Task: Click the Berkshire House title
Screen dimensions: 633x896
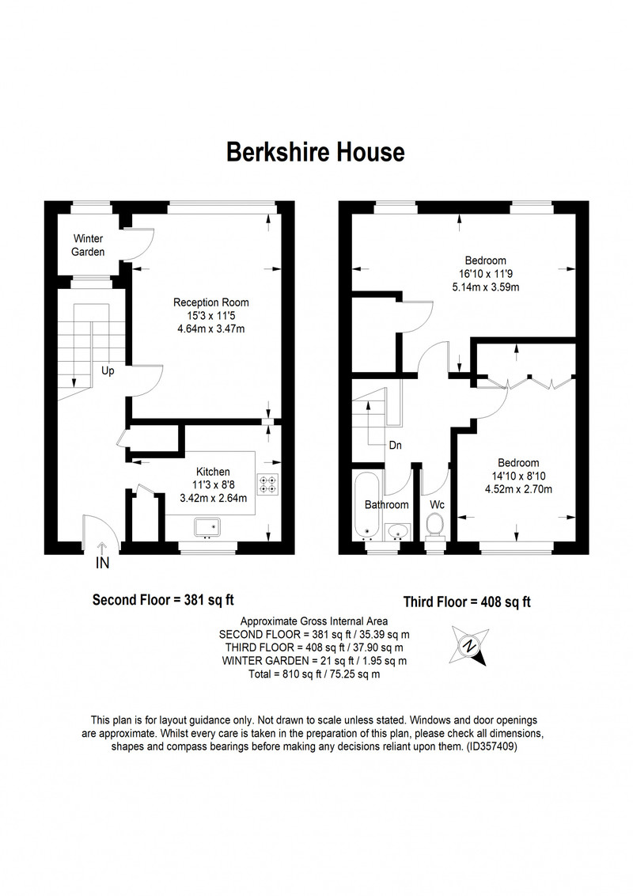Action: [x=316, y=152]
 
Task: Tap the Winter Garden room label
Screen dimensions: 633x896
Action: [x=88, y=245]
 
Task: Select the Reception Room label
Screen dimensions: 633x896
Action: [x=210, y=302]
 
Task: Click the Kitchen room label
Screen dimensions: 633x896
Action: [x=213, y=472]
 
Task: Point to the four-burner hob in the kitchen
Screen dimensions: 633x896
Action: [x=268, y=484]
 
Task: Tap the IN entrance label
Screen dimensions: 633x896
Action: [x=102, y=563]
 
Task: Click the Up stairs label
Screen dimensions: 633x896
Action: [x=108, y=371]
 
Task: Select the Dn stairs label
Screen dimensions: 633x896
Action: [x=396, y=445]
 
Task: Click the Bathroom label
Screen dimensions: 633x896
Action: [x=387, y=504]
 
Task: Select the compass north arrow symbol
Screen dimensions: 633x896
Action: [x=470, y=645]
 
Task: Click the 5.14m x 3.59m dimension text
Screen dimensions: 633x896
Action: [x=486, y=287]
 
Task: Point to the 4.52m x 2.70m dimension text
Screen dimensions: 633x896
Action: [x=518, y=489]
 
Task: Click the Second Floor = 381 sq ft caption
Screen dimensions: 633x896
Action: [x=163, y=600]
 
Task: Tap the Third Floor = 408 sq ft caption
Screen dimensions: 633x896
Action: [x=467, y=602]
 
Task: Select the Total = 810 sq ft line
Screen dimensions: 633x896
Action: [x=314, y=674]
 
